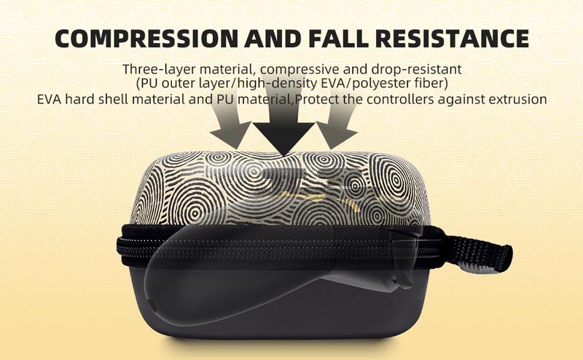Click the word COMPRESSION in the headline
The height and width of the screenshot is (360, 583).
pos(146,38)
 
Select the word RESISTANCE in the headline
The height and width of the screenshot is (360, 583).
pos(452,38)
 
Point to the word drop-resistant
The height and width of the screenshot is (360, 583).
pos(416,69)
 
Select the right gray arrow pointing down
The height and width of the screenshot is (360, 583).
pos(337,120)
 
